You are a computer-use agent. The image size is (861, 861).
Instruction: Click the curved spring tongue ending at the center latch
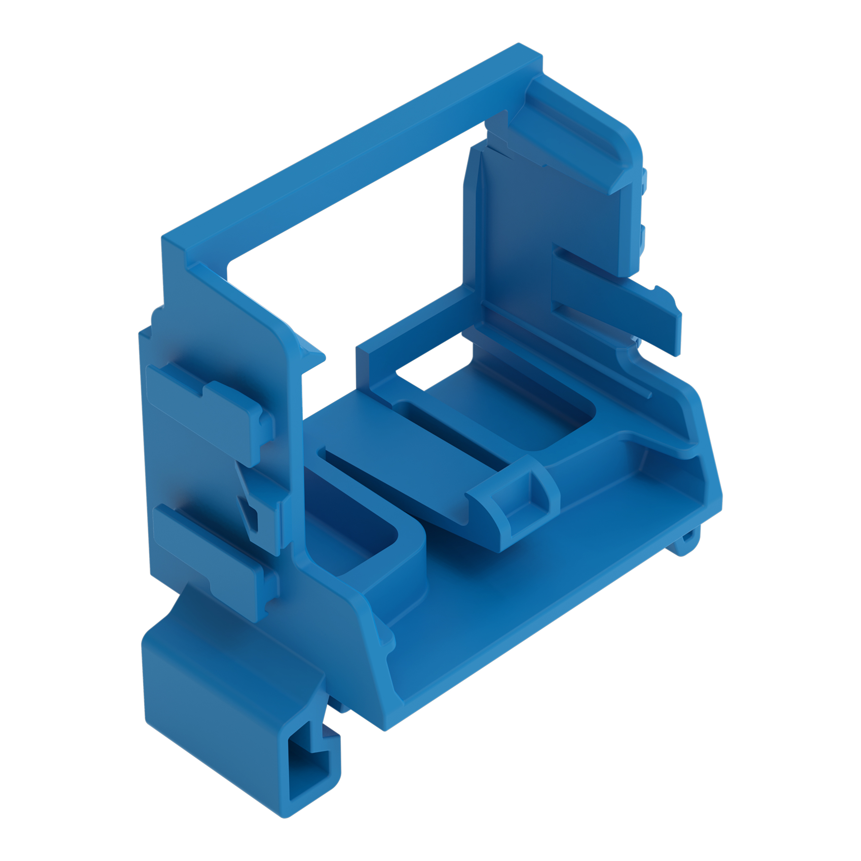(x=401, y=481)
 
